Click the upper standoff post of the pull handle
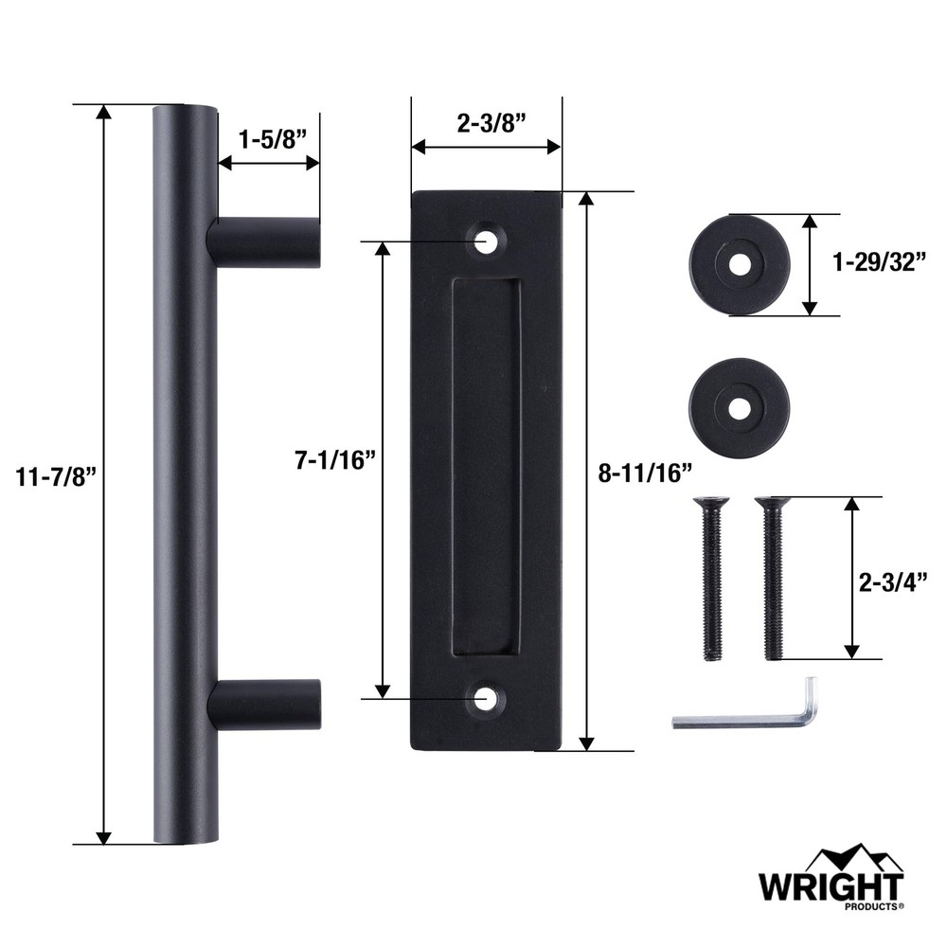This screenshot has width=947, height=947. (x=265, y=241)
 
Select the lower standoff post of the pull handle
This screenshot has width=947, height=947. (x=267, y=705)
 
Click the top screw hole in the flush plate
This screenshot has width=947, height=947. (x=488, y=241)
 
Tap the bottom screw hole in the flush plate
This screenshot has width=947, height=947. (x=487, y=700)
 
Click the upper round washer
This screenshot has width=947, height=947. (x=739, y=264)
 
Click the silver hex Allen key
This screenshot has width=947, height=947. (x=748, y=716)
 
